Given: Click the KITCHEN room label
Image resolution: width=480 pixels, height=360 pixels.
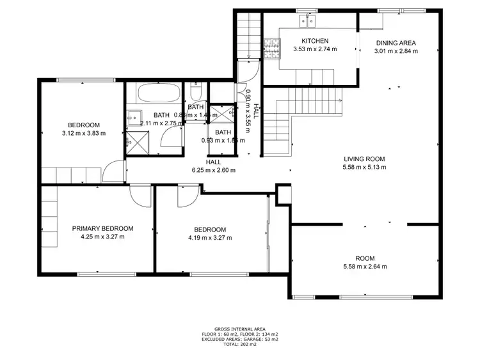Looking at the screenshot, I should click(x=310, y=41).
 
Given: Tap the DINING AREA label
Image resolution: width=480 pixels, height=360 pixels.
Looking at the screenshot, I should click(x=396, y=43).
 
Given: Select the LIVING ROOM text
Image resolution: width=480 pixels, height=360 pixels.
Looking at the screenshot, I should click(x=365, y=159).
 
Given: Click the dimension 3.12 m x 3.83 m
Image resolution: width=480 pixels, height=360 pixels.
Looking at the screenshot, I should click(x=83, y=133).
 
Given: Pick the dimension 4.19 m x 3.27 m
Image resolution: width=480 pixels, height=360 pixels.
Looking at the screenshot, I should click(x=210, y=238).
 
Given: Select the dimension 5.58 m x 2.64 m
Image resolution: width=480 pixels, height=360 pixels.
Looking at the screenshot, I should click(x=365, y=267).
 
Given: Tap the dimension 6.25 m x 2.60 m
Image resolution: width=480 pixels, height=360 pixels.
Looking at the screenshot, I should click(x=214, y=170).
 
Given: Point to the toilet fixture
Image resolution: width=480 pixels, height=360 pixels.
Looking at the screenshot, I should click(x=196, y=90).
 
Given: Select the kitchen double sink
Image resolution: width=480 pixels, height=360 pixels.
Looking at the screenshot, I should click(x=307, y=22).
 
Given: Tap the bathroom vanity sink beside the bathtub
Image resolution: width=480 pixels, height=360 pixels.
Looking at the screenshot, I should click(x=132, y=116).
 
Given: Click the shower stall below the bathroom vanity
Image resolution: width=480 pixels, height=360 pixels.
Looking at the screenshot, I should click(x=136, y=142).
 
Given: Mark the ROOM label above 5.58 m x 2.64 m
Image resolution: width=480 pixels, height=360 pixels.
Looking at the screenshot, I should click(x=365, y=258).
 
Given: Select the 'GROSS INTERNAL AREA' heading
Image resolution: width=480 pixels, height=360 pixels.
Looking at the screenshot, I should click(x=240, y=329).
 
